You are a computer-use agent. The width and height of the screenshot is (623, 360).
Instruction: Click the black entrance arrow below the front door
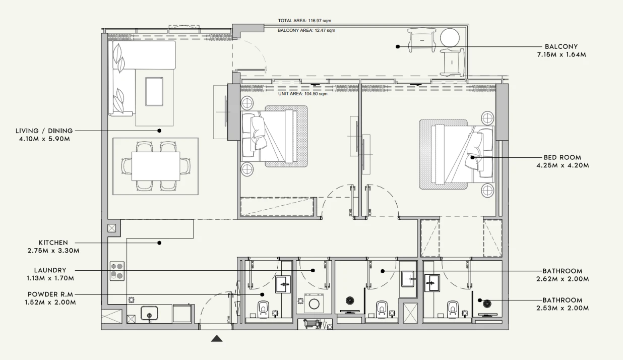pos(217,339)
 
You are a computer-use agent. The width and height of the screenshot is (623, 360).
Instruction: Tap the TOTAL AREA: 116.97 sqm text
pos(304,21)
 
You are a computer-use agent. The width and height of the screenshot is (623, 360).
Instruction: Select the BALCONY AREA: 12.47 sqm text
pos(306,30)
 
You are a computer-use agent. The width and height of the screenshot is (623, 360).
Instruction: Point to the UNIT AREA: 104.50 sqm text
pos(303,94)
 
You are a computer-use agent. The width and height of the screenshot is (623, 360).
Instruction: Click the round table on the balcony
pos(450,37)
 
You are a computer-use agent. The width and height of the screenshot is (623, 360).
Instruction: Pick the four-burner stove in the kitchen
pos(117,271)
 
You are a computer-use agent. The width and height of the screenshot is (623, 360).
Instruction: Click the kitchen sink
pos(149,314)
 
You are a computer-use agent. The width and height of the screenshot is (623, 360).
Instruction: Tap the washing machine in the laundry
pos(314,304)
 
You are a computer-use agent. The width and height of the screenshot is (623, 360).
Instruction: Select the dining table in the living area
pos(156,166)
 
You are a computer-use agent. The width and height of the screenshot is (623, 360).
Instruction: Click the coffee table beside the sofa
pos(154,92)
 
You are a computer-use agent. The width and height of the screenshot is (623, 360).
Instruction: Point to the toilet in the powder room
pos(263,309)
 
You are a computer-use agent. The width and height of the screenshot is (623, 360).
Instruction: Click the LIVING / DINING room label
pos(44,131)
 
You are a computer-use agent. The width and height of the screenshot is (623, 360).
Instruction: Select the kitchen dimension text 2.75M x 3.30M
pos(53,251)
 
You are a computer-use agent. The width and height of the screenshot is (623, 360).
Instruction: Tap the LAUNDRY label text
pos(50,270)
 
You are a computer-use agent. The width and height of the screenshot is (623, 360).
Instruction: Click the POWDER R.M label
pos(50,294)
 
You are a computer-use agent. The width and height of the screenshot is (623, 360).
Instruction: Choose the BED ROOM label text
pos(563,157)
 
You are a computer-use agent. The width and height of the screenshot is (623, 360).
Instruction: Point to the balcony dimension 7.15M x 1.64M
pos(562,54)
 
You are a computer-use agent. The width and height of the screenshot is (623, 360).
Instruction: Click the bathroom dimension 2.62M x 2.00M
pos(563,279)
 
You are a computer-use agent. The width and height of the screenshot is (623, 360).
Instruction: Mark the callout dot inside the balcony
pos(398,47)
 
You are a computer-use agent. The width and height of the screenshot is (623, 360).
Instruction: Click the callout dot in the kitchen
pos(159,243)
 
